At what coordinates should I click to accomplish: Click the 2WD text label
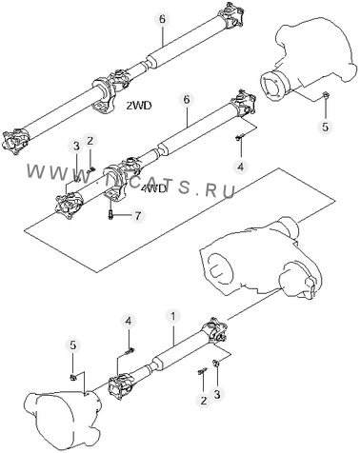(139, 106)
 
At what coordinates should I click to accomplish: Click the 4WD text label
(153, 189)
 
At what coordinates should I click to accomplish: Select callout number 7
(137, 216)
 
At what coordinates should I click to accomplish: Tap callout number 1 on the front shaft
(173, 316)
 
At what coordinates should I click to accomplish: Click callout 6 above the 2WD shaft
(162, 19)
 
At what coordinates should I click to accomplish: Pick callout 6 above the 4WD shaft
(187, 100)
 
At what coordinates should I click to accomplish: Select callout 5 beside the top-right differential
(326, 127)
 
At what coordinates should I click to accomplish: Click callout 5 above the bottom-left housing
(73, 345)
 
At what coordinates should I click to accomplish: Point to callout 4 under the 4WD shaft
(241, 167)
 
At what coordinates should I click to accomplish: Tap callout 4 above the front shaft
(129, 321)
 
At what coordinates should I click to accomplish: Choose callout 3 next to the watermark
(76, 147)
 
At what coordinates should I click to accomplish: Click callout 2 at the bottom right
(203, 401)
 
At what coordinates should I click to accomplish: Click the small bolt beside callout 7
(110, 215)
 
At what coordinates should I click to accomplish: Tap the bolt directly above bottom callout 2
(202, 370)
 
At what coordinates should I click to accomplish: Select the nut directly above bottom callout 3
(215, 363)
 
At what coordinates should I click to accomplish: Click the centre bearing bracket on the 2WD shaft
(103, 96)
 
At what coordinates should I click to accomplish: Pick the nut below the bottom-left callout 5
(73, 377)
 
